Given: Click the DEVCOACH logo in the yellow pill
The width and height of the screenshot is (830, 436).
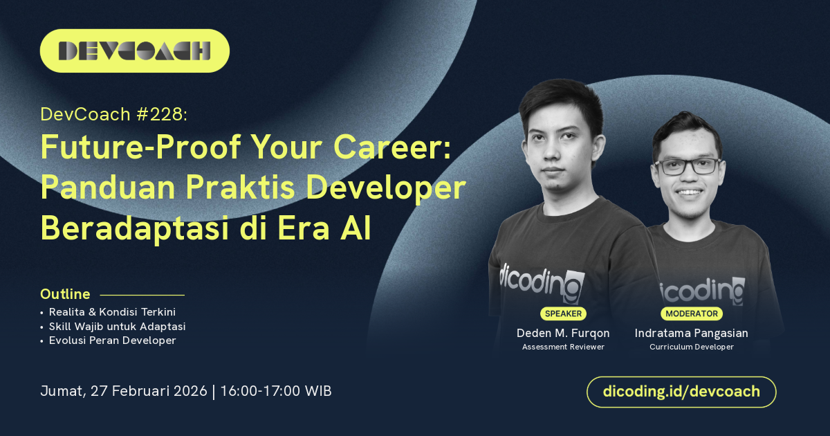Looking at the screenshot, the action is [x=134, y=51].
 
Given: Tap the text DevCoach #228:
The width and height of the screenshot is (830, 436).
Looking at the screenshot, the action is [x=114, y=114].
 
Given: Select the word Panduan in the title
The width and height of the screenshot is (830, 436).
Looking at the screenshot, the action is [x=108, y=188].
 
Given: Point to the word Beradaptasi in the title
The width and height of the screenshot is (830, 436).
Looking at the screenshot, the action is [x=134, y=229].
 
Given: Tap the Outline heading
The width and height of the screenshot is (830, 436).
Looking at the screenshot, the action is [x=65, y=294].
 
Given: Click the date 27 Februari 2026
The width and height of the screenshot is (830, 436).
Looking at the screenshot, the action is [x=149, y=391].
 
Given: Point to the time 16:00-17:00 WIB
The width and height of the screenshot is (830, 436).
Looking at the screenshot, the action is [x=276, y=391].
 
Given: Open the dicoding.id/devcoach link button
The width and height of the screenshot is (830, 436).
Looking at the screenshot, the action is [x=681, y=392].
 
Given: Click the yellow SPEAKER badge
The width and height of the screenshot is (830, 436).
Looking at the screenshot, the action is [x=563, y=314].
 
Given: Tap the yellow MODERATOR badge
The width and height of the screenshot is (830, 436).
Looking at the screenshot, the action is [x=692, y=314].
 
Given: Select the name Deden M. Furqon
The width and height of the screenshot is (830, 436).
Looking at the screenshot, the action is [x=563, y=334].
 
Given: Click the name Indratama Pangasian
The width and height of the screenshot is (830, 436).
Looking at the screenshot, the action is [x=692, y=334].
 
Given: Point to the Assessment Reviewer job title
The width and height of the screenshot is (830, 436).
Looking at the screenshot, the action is [x=563, y=347].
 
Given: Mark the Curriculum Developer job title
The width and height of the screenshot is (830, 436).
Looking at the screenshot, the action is [x=692, y=347].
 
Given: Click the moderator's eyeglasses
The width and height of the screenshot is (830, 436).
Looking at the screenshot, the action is [x=688, y=167].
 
